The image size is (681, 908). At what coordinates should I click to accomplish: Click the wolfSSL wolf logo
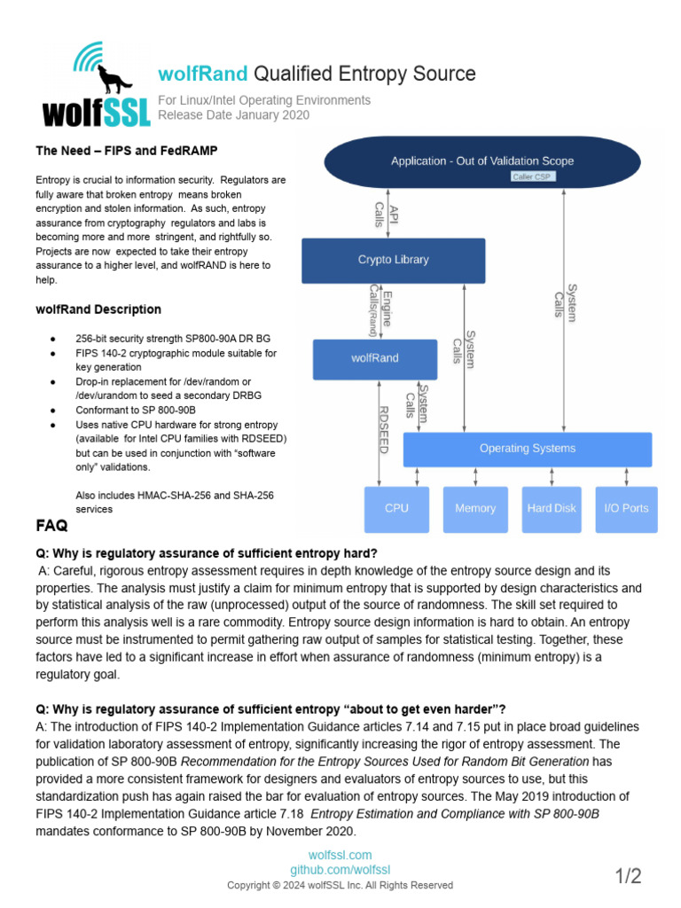(x=88, y=85)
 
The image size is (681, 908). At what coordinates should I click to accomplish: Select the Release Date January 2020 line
(x=233, y=114)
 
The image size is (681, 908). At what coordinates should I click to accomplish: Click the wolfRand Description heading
(x=98, y=309)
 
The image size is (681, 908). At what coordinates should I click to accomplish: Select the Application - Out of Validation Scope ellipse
(x=482, y=161)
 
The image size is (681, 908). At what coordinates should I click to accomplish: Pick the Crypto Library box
(x=393, y=260)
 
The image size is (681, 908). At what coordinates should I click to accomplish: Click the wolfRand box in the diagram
(x=374, y=358)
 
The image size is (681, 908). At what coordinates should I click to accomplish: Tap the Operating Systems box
(x=527, y=449)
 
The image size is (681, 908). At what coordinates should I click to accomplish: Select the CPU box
(x=396, y=508)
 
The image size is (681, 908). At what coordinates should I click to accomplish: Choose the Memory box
(x=475, y=508)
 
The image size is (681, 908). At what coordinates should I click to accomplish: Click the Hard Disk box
(x=552, y=508)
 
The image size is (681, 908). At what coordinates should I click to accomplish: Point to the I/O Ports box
(x=626, y=508)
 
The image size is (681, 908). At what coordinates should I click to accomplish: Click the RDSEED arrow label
(x=383, y=430)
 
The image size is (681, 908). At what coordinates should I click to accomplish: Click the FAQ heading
(x=51, y=526)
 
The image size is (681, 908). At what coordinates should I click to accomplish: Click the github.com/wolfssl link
(x=340, y=870)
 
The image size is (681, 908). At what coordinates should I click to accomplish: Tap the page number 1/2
(x=628, y=876)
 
